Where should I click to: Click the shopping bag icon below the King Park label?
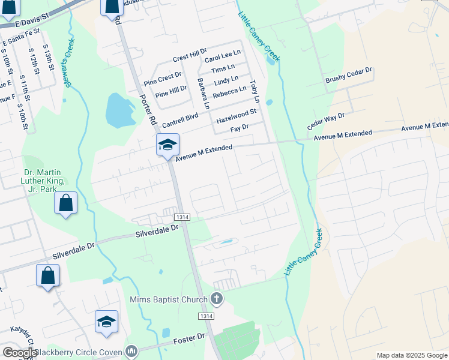pos(65,203)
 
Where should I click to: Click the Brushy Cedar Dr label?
pos(349,74)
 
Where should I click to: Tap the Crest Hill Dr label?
pos(189,58)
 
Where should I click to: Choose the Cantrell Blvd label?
pos(179,118)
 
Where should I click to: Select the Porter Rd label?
pos(148,108)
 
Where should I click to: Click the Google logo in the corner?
pos(20,353)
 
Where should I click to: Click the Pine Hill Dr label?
pos(171,91)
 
